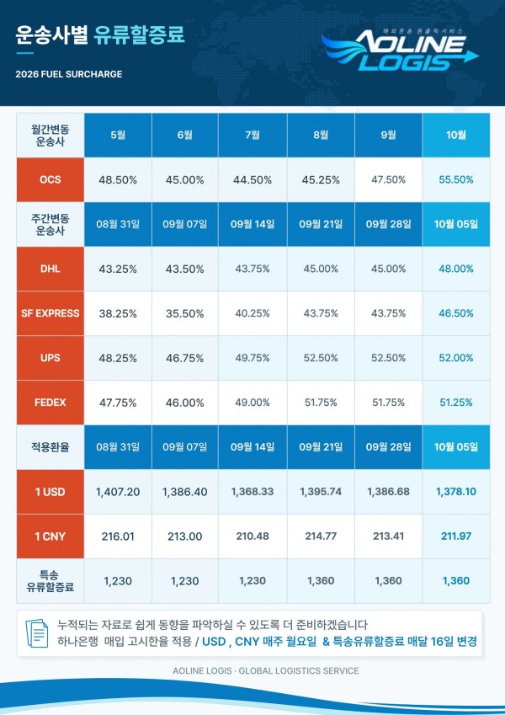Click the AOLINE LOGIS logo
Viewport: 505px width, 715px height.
[x=400, y=50]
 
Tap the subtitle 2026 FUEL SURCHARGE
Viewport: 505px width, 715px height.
[x=69, y=74]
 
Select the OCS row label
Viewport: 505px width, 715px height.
[x=50, y=179]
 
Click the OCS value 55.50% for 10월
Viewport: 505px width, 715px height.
[x=456, y=179]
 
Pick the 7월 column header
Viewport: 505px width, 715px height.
[x=252, y=135]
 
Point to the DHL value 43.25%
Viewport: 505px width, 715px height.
[x=118, y=269]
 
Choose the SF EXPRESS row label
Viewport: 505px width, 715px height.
[x=50, y=313]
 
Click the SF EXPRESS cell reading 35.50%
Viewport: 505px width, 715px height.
[x=184, y=314]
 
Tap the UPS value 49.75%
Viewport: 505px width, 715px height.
[x=252, y=358]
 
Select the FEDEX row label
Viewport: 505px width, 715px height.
[x=50, y=403]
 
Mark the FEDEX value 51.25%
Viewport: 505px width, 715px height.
[x=456, y=403]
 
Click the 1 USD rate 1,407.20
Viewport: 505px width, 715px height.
[x=118, y=492]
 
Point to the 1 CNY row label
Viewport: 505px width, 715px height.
[x=50, y=536]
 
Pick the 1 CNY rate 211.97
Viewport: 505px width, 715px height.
[x=456, y=536]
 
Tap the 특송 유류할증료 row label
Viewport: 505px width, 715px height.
[x=50, y=581]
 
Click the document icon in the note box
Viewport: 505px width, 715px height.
[x=37, y=633]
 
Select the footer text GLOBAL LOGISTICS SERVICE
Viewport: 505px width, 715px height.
[x=299, y=670]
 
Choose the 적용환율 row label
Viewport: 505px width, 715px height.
[x=50, y=447]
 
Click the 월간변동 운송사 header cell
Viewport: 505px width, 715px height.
[x=50, y=136]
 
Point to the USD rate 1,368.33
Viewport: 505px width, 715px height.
[x=252, y=492]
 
